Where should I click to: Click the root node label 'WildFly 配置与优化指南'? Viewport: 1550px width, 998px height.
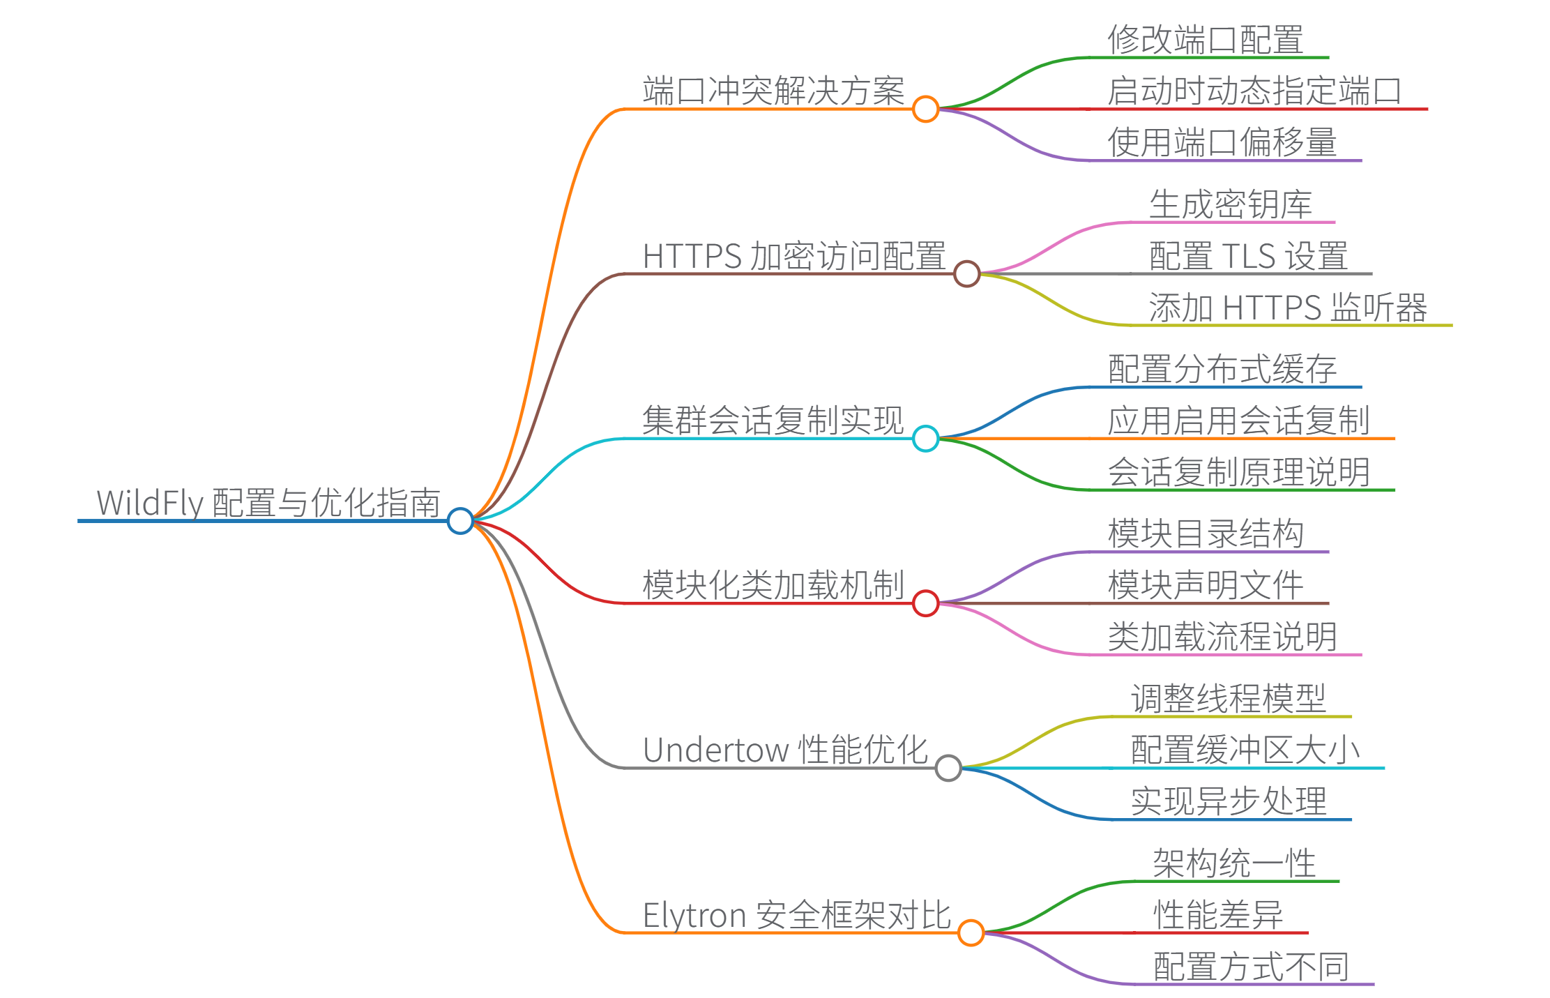coord(268,502)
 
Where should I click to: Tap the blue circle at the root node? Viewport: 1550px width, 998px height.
coord(460,520)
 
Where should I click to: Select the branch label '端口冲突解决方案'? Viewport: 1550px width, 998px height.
coord(773,91)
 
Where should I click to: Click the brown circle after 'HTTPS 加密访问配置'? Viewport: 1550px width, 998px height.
coord(966,273)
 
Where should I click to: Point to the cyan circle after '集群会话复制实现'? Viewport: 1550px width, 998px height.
coord(925,438)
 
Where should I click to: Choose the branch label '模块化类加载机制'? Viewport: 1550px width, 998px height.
coord(773,584)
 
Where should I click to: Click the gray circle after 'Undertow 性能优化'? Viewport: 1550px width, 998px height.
coord(948,768)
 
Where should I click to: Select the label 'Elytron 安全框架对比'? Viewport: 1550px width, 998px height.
coord(797,914)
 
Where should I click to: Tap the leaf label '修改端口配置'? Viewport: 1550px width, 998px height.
coord(1206,39)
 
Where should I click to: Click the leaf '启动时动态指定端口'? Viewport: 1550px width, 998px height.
coord(1254,91)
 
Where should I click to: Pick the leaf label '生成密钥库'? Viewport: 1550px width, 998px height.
coord(1231,204)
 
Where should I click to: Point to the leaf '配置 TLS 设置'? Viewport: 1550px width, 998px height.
coord(1248,256)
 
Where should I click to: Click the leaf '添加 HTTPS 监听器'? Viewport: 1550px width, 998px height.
coord(1288,308)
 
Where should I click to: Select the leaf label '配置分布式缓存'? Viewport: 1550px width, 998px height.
coord(1222,369)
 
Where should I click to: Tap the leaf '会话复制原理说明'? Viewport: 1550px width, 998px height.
coord(1239,472)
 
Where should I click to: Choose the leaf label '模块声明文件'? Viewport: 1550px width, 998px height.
coord(1206,584)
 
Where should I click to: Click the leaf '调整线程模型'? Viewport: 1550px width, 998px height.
coord(1229,698)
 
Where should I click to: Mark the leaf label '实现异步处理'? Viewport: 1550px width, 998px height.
coord(1229,801)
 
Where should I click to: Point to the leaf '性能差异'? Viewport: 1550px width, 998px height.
coord(1218,914)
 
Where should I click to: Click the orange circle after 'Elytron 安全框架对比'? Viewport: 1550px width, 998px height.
coord(971,932)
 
